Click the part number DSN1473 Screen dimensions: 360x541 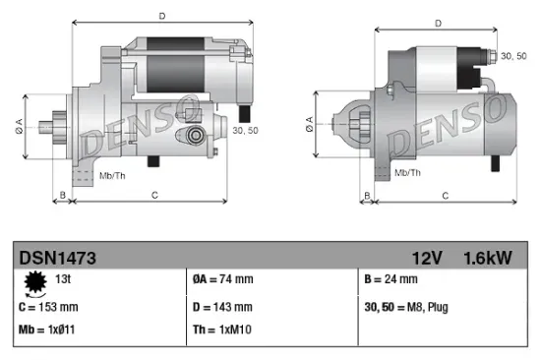(57, 257)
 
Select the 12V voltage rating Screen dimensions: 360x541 (429, 257)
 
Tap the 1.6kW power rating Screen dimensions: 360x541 (488, 257)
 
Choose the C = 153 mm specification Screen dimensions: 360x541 (48, 307)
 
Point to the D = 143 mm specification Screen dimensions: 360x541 (224, 307)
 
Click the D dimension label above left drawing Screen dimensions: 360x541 (161, 15)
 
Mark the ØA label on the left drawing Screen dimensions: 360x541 (19, 126)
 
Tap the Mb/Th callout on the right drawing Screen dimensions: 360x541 (408, 172)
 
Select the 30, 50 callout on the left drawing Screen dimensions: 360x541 (244, 128)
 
